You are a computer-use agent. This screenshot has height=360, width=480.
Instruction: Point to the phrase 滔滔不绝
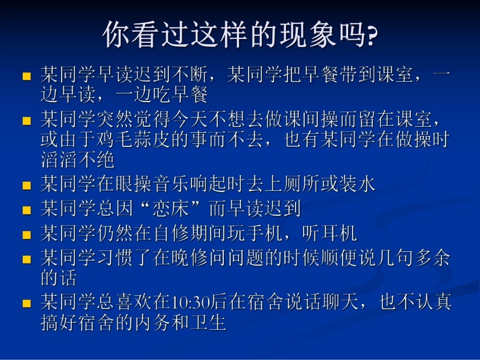pyautogui.click(x=77, y=160)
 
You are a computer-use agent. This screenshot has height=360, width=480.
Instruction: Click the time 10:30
pyautogui.click(x=190, y=302)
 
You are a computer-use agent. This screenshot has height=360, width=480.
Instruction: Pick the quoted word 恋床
pyautogui.click(x=171, y=209)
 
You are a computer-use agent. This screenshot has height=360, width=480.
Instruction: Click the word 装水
pyautogui.click(x=357, y=184)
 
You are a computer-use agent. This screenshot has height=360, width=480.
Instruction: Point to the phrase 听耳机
pyautogui.click(x=329, y=233)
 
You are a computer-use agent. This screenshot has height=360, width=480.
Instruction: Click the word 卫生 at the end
pyautogui.click(x=208, y=322)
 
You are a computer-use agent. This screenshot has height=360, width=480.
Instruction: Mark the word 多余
pyautogui.click(x=432, y=258)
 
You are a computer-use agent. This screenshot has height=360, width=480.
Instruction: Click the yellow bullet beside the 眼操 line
pyautogui.click(x=27, y=186)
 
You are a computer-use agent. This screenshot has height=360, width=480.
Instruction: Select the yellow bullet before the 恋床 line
pyautogui.click(x=27, y=210)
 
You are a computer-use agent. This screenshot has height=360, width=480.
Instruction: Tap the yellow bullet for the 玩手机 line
pyautogui.click(x=27, y=235)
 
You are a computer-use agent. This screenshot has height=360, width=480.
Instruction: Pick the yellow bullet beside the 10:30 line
pyautogui.click(x=27, y=303)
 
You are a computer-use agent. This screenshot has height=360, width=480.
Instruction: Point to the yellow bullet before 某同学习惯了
pyautogui.click(x=27, y=260)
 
